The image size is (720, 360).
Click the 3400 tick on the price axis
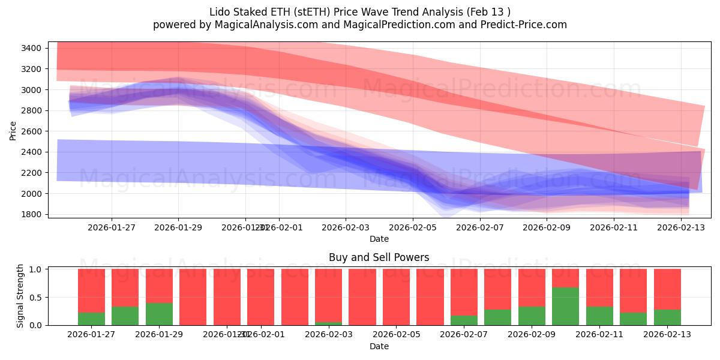(x=32, y=48)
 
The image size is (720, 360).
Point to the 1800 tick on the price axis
(x=32, y=214)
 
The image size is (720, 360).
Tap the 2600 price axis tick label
(x=32, y=131)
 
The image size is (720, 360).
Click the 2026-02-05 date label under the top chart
(x=413, y=227)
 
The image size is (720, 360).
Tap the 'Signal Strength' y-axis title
(x=20, y=296)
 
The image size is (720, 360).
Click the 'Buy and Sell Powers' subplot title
(x=379, y=257)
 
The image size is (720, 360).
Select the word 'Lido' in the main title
(x=219, y=12)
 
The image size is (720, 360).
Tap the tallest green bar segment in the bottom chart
(x=565, y=306)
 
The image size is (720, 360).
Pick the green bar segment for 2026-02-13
(x=667, y=317)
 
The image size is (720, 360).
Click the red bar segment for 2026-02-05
(x=396, y=297)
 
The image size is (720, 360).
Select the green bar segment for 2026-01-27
(x=91, y=319)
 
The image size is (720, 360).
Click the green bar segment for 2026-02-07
(x=464, y=320)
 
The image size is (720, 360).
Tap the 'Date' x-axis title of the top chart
(x=379, y=239)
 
